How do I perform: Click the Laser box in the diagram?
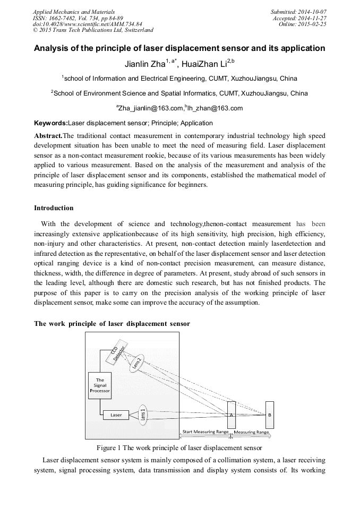(x=116, y=415)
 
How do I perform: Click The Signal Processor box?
(x=100, y=385)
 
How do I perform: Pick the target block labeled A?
(x=232, y=415)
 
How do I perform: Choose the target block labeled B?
(x=269, y=415)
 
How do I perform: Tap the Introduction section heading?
(x=54, y=208)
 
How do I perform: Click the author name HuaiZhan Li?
(x=203, y=65)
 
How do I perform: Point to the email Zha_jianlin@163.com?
(x=149, y=108)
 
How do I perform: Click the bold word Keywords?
(x=50, y=123)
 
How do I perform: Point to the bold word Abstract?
(x=48, y=136)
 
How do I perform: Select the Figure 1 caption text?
(x=179, y=447)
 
